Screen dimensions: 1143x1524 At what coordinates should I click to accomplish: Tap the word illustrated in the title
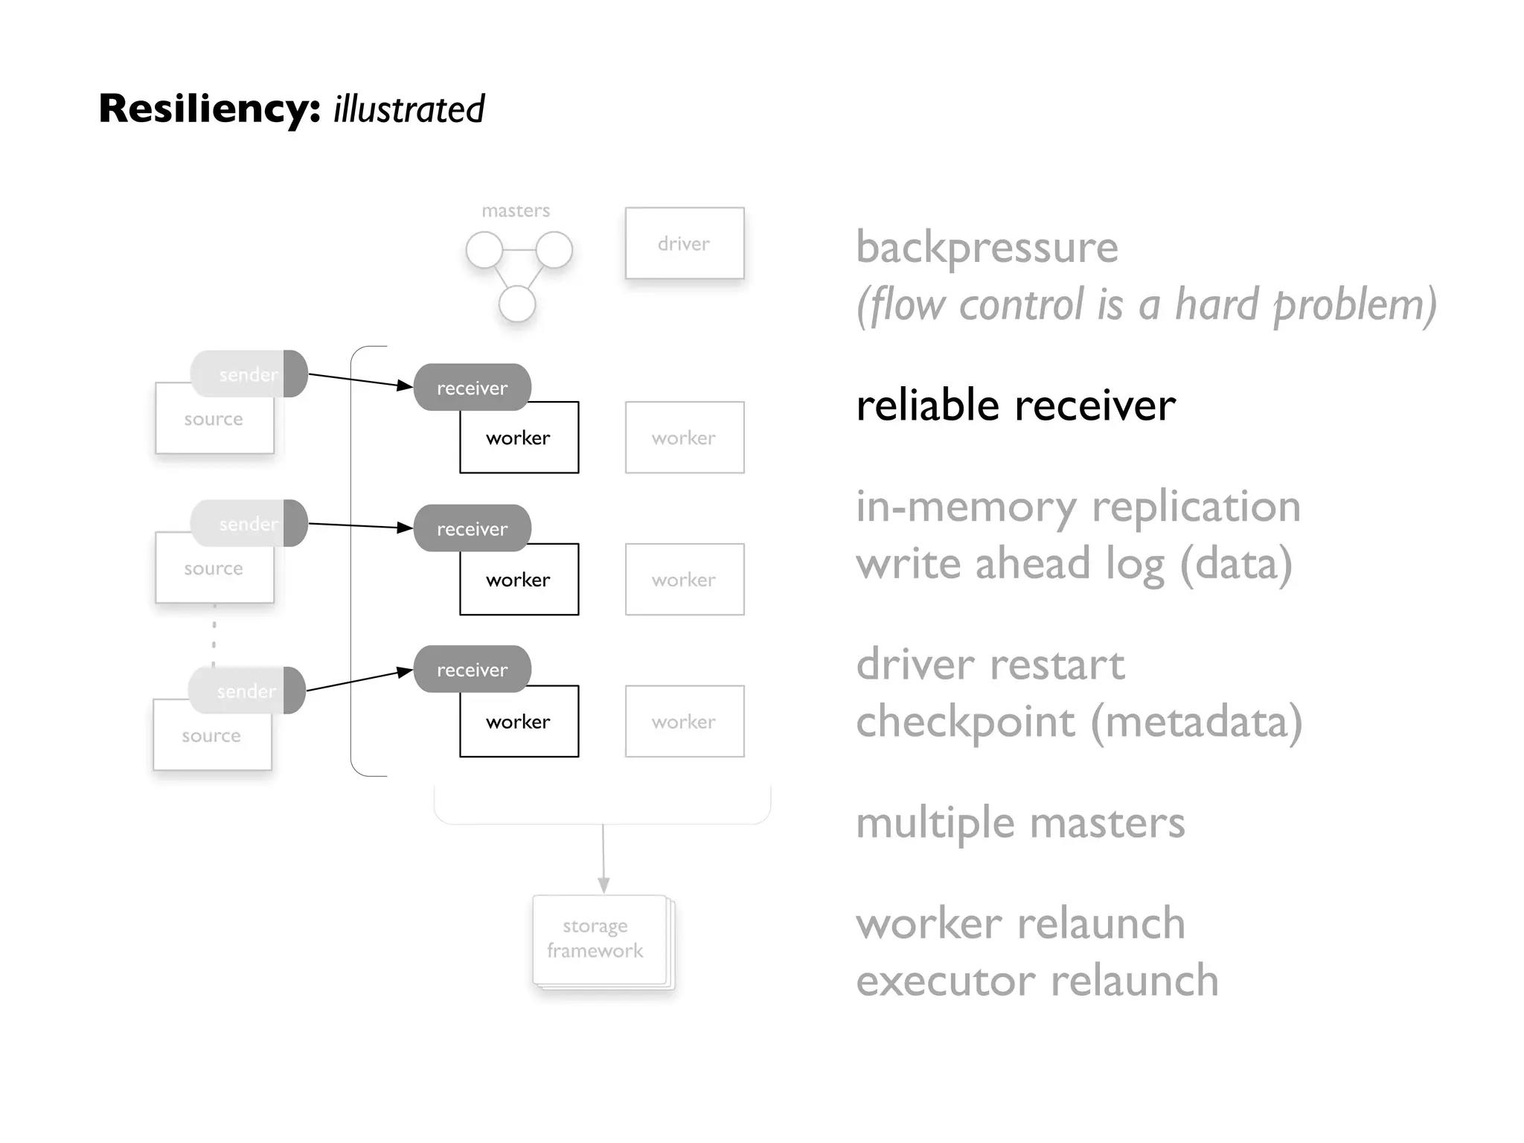[409, 109]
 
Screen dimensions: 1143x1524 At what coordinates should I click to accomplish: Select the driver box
[684, 243]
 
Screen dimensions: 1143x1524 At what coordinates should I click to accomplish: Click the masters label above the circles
[516, 211]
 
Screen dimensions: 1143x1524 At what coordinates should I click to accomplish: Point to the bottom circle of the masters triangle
[517, 304]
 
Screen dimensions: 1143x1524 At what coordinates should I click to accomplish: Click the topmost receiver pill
[472, 387]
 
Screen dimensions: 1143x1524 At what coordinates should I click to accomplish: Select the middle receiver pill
[472, 528]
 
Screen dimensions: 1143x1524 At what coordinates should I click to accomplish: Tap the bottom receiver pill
[472, 669]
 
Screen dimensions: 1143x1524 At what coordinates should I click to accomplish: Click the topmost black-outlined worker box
[519, 438]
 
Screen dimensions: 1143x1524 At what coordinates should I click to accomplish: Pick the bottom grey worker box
[684, 721]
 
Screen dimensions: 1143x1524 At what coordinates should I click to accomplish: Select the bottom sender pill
[246, 691]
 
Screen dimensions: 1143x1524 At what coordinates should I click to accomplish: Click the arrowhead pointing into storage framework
[603, 885]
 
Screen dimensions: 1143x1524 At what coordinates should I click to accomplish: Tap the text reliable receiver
[1015, 406]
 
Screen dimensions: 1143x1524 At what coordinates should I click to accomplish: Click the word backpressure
[987, 247]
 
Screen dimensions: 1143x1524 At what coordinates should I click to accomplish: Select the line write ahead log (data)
[1073, 563]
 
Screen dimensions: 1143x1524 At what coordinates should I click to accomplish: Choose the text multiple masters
[1019, 823]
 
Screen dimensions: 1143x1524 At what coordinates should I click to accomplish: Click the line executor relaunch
[1037, 980]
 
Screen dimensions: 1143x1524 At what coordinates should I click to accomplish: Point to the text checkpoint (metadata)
[1078, 721]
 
